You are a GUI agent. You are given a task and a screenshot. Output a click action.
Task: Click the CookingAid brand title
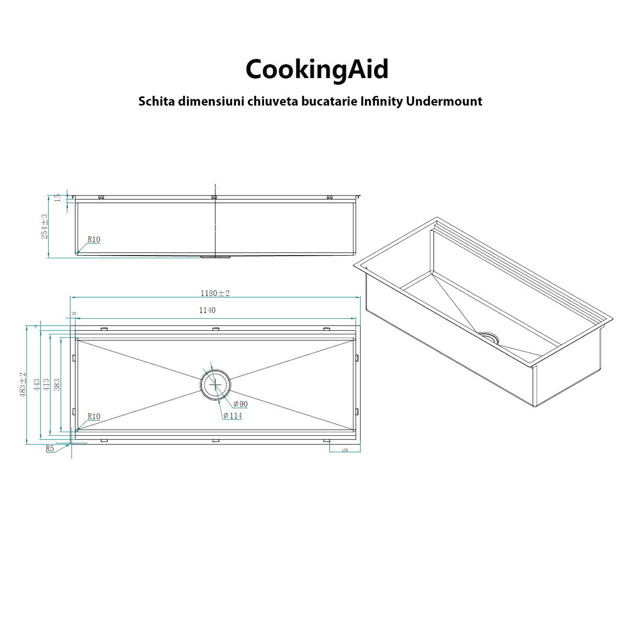pos(317,69)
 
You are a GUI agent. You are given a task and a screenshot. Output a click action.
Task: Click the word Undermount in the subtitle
pos(444,101)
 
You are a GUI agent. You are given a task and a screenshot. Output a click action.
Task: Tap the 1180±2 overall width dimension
pos(215,293)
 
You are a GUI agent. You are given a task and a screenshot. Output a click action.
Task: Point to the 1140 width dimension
pos(207,310)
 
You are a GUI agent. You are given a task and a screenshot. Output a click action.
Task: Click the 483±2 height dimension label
pos(22,385)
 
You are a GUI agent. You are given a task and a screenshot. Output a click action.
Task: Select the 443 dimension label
pos(36,385)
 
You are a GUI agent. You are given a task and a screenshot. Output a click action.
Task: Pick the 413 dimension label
pos(47,385)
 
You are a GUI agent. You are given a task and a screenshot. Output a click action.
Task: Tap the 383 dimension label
pos(57,385)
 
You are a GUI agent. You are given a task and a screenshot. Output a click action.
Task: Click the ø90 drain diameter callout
pos(240,404)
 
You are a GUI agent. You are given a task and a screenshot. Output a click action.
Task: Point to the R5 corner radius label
pos(50,449)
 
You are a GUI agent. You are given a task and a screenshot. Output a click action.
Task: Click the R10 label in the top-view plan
pos(94,417)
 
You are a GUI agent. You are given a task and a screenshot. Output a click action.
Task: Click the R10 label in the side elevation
pos(94,240)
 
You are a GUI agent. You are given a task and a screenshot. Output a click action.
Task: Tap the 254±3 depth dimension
pos(45,226)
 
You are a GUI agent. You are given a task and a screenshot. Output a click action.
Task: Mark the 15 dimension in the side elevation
pos(57,197)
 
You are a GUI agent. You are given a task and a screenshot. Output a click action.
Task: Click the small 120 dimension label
pos(345,450)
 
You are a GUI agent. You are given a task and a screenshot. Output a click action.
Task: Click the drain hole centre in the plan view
pos(215,385)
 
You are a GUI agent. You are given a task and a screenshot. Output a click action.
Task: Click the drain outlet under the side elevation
pos(215,256)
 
